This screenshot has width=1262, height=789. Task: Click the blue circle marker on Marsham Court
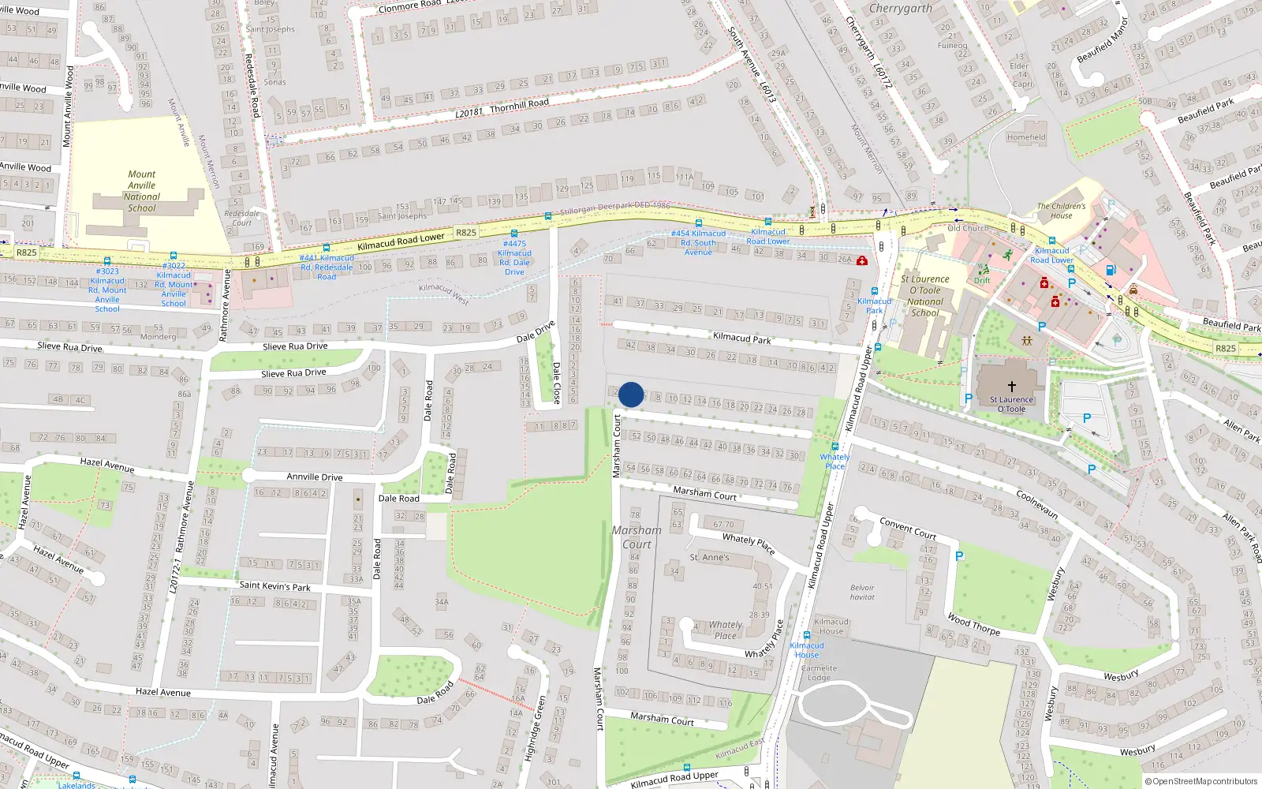tap(631, 394)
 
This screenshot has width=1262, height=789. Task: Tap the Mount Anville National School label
tap(142, 192)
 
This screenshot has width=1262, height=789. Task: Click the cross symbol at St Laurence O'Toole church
tap(1011, 387)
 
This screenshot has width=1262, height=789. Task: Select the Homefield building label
tap(1026, 137)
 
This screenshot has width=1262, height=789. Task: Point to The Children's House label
tap(1061, 211)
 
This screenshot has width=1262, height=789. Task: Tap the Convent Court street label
tap(908, 528)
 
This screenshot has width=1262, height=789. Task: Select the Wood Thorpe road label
tap(974, 625)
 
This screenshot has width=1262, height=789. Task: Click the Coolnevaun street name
tap(1037, 505)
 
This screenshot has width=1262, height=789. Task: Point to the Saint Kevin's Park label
tap(274, 586)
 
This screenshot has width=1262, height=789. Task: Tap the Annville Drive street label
tap(314, 477)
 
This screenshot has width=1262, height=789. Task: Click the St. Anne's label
tap(709, 557)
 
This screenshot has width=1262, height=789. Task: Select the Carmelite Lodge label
tap(819, 673)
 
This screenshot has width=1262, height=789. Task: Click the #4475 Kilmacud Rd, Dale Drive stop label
tap(514, 258)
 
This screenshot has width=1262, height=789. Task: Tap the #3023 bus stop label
tap(107, 290)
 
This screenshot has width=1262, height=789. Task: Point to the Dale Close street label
tap(556, 383)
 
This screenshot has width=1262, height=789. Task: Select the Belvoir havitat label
tap(862, 592)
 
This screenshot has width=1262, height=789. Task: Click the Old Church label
tap(968, 228)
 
